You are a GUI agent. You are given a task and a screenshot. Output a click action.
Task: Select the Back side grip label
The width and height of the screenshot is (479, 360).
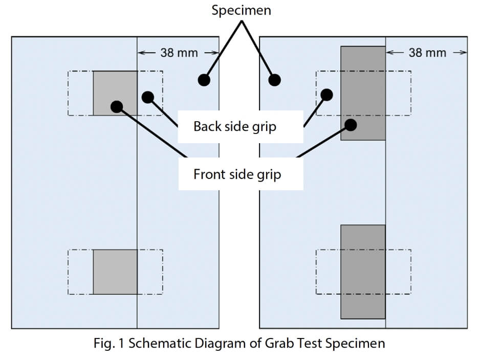234,126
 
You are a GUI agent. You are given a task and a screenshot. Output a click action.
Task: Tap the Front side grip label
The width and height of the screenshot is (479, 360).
237,174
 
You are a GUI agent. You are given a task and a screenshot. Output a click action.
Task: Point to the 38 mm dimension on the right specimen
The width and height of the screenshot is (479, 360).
427,53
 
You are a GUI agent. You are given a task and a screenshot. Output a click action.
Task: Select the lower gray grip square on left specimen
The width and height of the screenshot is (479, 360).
115,272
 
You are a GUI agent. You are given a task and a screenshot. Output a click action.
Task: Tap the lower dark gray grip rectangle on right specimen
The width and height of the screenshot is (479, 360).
363,272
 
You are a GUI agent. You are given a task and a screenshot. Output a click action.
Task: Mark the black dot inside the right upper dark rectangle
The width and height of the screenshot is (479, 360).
351,124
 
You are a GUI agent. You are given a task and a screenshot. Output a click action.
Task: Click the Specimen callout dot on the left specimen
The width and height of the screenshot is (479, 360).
204,80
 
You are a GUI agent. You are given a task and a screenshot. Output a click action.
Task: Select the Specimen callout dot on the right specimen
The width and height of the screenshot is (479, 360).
275,80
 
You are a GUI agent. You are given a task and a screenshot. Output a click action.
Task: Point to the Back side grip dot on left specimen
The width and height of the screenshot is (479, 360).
148,96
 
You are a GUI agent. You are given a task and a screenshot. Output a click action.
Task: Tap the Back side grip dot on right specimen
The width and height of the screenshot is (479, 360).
326,95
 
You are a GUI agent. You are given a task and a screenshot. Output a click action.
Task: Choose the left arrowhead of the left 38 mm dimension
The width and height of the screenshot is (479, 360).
141,53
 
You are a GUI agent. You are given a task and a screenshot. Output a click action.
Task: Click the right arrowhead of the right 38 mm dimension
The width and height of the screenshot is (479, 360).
464,53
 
